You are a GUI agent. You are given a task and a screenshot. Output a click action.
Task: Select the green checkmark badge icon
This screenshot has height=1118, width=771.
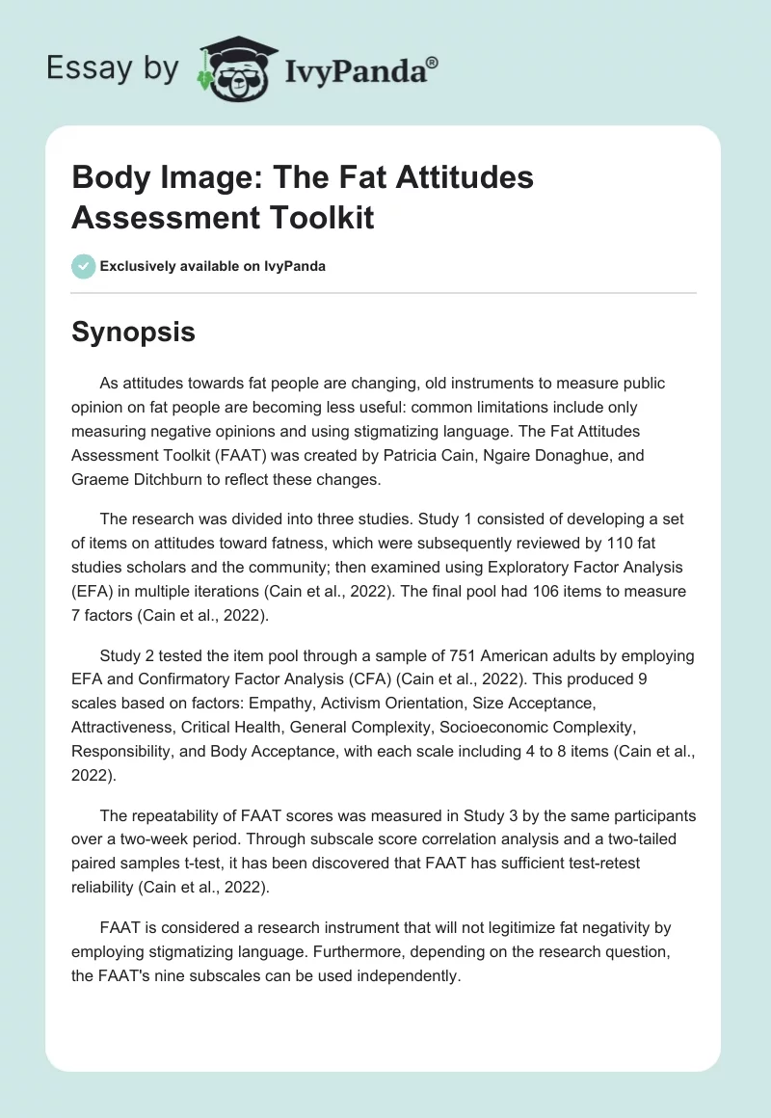click(x=84, y=266)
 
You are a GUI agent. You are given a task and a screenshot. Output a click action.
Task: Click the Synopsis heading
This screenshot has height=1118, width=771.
click(x=134, y=332)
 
